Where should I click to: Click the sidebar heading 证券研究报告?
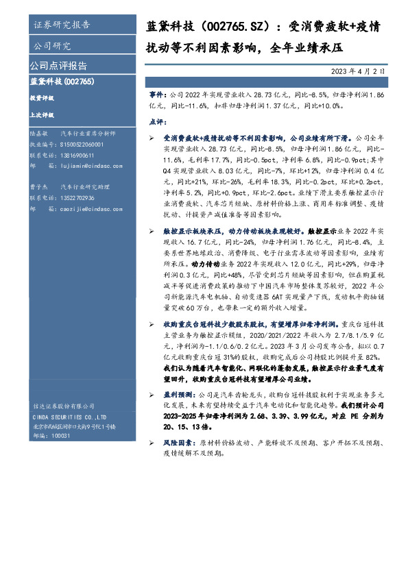click(62, 25)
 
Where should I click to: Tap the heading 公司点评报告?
click(58, 66)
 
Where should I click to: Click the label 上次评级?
click(42, 116)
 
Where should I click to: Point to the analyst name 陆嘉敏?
click(38, 135)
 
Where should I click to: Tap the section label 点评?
click(156, 121)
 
